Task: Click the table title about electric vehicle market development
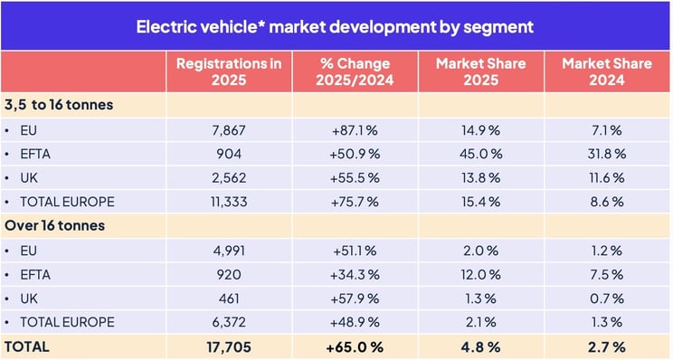point(336,26)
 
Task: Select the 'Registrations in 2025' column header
point(229,71)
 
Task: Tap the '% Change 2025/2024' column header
point(355,71)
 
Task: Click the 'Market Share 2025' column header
point(480,71)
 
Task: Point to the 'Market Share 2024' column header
point(606,71)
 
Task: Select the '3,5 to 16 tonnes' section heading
point(59,105)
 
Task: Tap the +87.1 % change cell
point(355,129)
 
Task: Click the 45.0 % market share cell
point(480,154)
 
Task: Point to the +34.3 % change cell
point(355,274)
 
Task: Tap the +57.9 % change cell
point(355,298)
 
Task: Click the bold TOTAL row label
point(27,346)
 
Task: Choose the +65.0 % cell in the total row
point(355,346)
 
